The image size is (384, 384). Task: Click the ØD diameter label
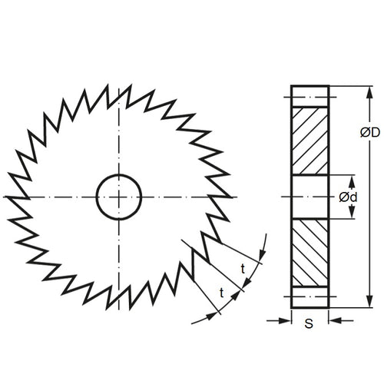click(x=369, y=132)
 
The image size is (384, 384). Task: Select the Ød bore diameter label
click(x=348, y=197)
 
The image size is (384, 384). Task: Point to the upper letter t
click(x=243, y=268)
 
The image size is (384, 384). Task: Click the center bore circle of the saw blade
click(x=119, y=197)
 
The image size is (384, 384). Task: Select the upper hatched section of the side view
click(x=310, y=141)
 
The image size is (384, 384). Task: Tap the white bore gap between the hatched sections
click(x=310, y=197)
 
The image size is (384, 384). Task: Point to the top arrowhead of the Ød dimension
click(x=352, y=180)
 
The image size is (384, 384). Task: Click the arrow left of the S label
click(x=285, y=321)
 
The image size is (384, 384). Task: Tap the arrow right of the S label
click(x=334, y=321)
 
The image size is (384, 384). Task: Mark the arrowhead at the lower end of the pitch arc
click(x=208, y=316)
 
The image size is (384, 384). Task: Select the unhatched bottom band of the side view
click(x=310, y=298)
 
